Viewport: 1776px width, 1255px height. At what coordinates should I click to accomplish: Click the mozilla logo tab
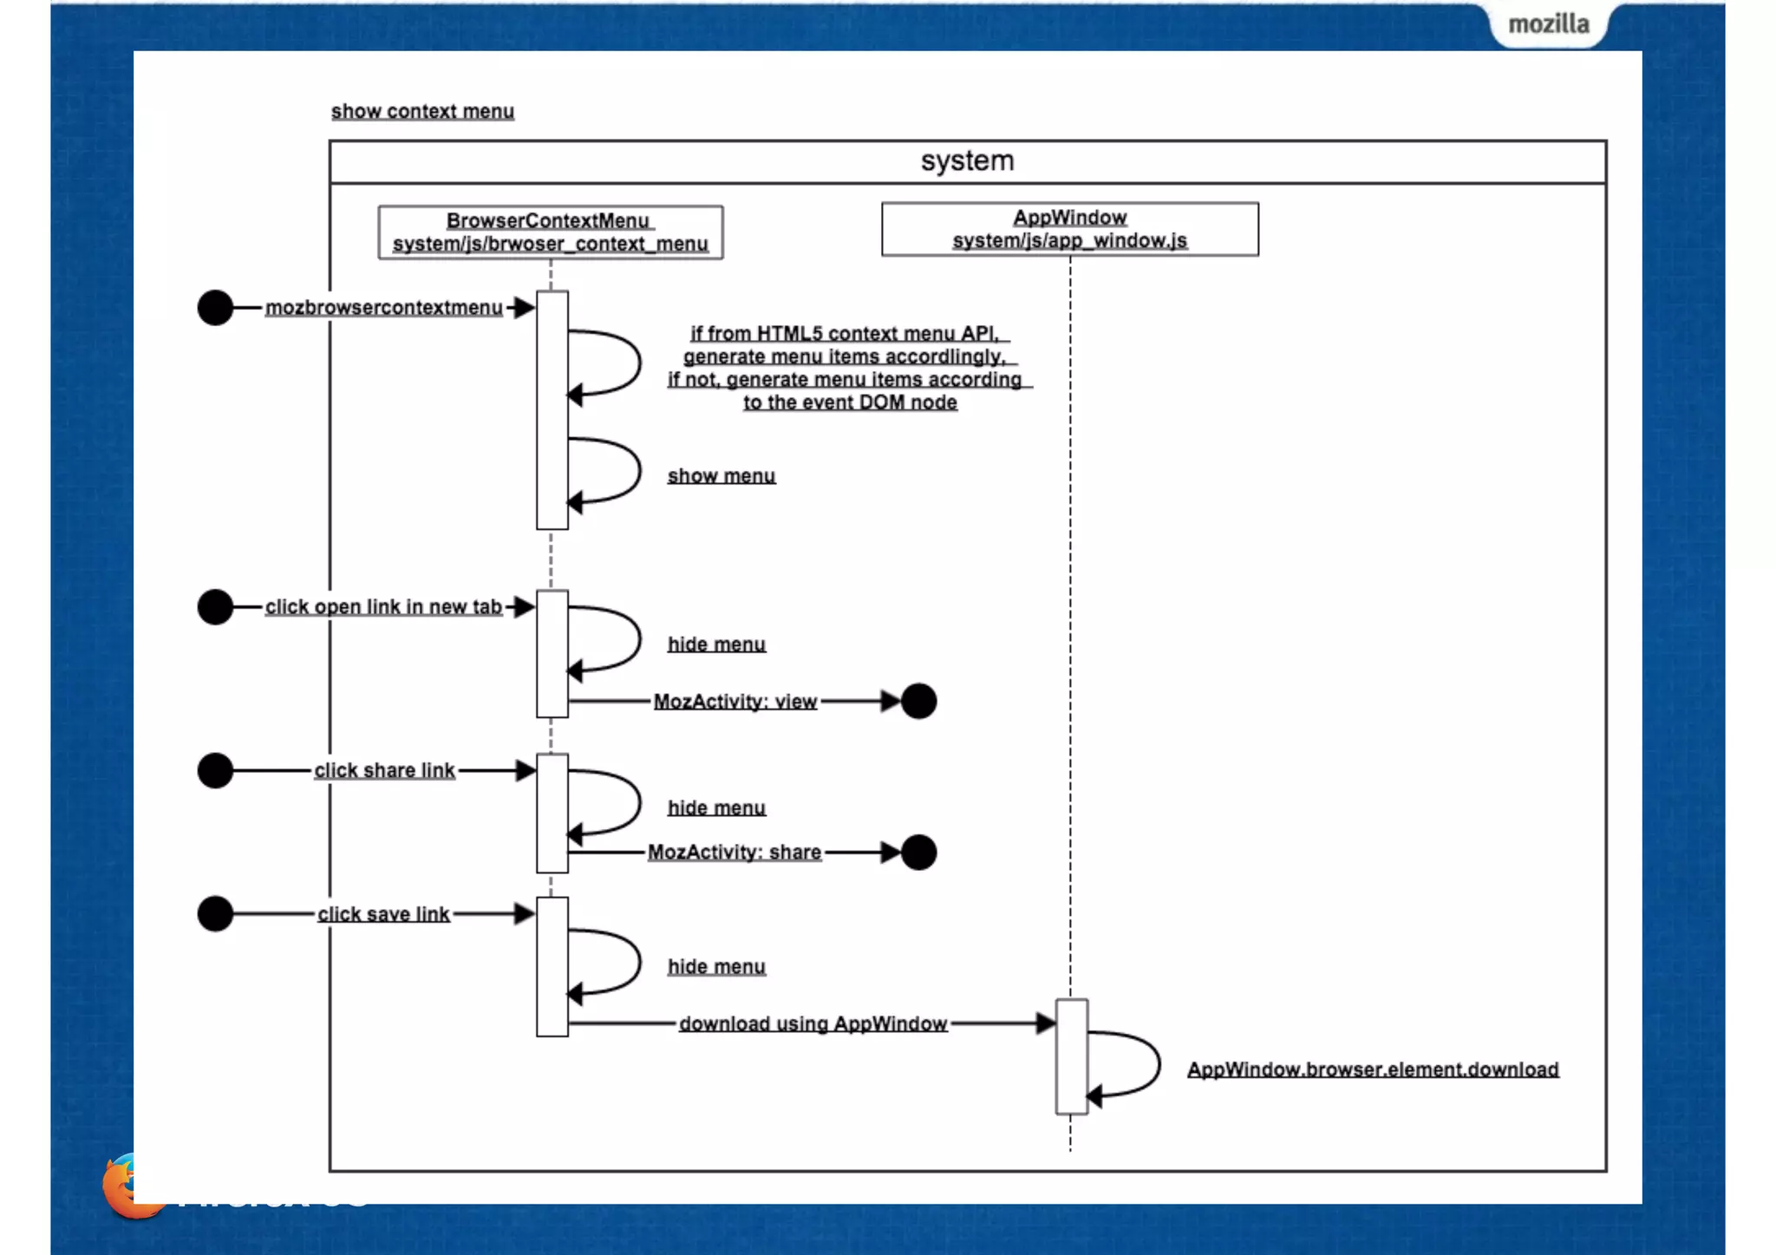[x=1548, y=24]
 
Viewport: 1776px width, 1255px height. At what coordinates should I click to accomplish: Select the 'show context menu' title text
[x=422, y=112]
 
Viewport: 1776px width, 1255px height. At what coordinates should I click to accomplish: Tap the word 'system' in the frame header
[x=967, y=161]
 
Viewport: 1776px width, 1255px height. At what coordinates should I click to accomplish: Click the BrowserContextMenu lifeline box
[x=550, y=232]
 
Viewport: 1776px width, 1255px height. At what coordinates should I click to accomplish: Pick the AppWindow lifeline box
[x=1069, y=229]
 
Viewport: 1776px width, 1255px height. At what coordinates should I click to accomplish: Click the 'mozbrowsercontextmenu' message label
[x=383, y=308]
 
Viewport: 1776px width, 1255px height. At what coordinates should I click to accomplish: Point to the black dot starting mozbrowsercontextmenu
[x=215, y=308]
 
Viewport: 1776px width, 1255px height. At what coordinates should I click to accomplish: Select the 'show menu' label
[x=721, y=476]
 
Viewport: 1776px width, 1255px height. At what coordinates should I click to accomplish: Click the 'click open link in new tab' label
[x=383, y=607]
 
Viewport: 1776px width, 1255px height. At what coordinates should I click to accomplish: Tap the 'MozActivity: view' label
[x=735, y=702]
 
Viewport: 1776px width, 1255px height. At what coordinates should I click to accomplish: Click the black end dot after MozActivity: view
[x=918, y=701]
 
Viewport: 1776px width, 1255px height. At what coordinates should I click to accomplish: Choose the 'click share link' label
[x=384, y=770]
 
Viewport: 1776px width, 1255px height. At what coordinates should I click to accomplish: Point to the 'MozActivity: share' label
[x=734, y=853]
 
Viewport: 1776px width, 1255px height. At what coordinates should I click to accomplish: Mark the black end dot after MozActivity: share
[x=918, y=853]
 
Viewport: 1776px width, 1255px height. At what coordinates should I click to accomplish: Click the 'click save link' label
[x=383, y=914]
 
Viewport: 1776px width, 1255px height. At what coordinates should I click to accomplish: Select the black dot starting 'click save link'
[x=215, y=914]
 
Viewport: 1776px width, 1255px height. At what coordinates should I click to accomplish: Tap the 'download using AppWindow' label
[x=813, y=1024]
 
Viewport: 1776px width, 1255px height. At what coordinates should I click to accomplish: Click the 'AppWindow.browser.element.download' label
[x=1373, y=1070]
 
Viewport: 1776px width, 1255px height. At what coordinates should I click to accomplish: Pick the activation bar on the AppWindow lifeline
[x=1071, y=1056]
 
